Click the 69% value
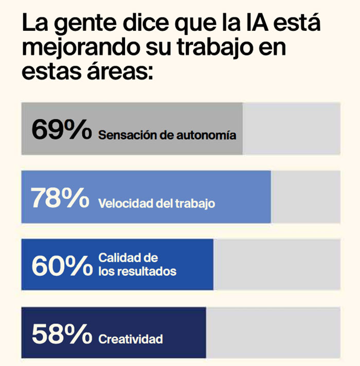61,129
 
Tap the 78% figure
61,198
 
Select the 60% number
61,266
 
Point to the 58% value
61,334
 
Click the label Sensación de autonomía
167,136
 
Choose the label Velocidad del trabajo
156,204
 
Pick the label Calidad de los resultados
137,264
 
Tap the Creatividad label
131,339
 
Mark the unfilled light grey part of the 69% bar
291,128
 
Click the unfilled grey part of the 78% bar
305,197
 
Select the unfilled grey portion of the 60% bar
277,265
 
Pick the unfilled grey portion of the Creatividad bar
273,333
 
